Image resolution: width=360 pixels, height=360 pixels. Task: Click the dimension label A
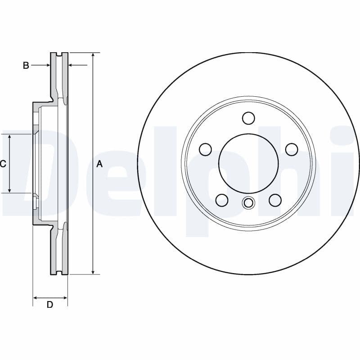[x=100, y=164]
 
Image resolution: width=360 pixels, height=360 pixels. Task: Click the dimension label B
[x=26, y=66]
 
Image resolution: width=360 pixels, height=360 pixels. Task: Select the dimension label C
[x=3, y=164]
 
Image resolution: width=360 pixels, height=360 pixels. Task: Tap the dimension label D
[x=50, y=305]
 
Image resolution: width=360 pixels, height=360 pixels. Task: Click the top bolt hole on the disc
[x=248, y=118]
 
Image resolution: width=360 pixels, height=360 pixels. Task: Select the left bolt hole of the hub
[x=205, y=149]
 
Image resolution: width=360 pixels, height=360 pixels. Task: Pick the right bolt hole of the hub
[x=292, y=149]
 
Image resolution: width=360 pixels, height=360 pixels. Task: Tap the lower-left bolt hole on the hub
[x=222, y=200]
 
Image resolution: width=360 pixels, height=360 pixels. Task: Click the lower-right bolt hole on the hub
[x=275, y=200]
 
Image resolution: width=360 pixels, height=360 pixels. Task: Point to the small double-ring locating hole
[x=248, y=203]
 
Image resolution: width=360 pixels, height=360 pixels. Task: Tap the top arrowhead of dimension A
[x=93, y=55]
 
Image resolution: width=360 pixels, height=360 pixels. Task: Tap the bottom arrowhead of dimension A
[x=93, y=271]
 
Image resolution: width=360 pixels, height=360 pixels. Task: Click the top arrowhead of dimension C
[x=9, y=137]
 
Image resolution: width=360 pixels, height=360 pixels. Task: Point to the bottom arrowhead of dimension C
[x=9, y=190]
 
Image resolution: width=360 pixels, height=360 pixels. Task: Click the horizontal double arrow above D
[x=50, y=297]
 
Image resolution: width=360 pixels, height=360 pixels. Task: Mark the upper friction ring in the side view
[x=58, y=74]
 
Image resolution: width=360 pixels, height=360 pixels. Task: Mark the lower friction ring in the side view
[x=58, y=252]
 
